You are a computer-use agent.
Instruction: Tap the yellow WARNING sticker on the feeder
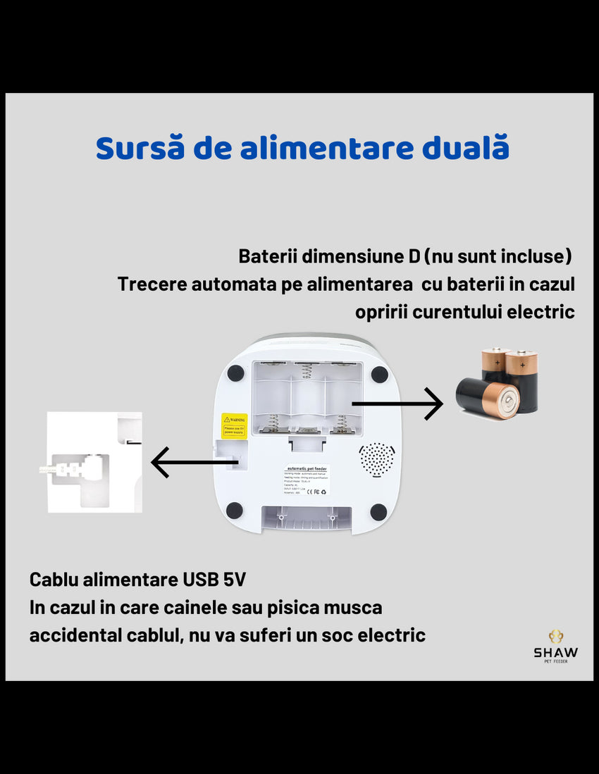[234, 425]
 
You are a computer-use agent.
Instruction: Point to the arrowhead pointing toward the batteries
[434, 404]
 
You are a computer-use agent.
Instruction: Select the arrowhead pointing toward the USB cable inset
[161, 463]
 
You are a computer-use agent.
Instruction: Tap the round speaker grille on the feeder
[377, 459]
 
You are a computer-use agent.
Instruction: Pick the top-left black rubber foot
[235, 373]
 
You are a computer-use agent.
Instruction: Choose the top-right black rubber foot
[379, 373]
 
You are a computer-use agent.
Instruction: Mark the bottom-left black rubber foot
[235, 511]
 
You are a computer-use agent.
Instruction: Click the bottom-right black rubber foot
[378, 511]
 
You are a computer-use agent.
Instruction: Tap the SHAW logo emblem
[556, 637]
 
